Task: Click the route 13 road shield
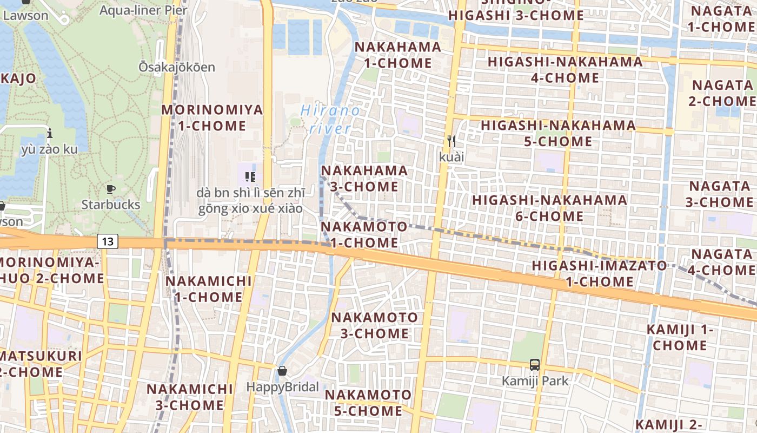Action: [x=108, y=241]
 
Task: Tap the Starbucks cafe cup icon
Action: [x=111, y=189]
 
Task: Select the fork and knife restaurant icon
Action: [x=451, y=142]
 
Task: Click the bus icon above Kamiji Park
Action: [x=535, y=365]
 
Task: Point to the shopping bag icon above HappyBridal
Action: [x=282, y=371]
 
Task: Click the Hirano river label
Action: [x=329, y=120]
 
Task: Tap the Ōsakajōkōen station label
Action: [x=177, y=67]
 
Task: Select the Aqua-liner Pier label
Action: [x=143, y=10]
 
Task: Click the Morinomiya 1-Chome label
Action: [x=212, y=117]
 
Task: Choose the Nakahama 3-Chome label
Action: [x=364, y=178]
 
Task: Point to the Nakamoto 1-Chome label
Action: [x=364, y=234]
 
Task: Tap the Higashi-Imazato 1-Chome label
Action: [x=600, y=273]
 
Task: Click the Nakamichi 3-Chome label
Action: [x=190, y=397]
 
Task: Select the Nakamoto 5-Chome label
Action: [x=368, y=403]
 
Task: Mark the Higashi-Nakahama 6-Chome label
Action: [x=550, y=208]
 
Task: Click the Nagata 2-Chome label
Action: [x=723, y=93]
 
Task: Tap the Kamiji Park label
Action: [x=535, y=381]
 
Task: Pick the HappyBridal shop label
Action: [x=282, y=387]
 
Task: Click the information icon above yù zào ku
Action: [x=50, y=133]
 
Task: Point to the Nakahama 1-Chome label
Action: [x=397, y=55]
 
